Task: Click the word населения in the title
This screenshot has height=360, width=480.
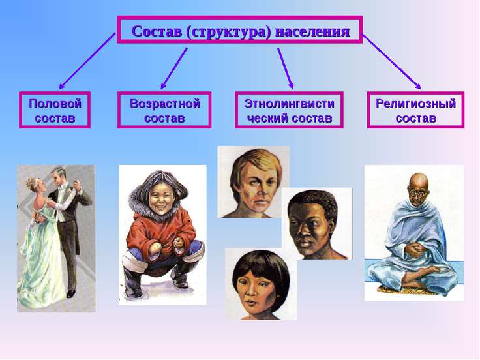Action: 312,32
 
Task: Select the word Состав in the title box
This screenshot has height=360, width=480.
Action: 157,31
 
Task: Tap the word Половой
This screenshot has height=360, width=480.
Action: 55,104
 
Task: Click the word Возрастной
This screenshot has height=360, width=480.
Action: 165,104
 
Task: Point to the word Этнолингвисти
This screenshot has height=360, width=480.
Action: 290,104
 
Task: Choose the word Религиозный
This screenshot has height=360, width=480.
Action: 415,104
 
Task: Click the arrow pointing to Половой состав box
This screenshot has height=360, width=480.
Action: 87,61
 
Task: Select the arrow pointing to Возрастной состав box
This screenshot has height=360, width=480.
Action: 173,68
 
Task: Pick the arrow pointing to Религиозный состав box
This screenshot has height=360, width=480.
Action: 392,62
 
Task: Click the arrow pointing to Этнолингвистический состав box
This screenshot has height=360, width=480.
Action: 285,68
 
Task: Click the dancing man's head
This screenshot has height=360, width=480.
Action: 58,176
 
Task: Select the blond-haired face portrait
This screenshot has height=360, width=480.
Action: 254,182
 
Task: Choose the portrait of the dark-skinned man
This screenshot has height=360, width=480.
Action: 317,224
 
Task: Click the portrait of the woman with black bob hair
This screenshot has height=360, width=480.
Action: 261,284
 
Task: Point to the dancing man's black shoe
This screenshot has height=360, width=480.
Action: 70,294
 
